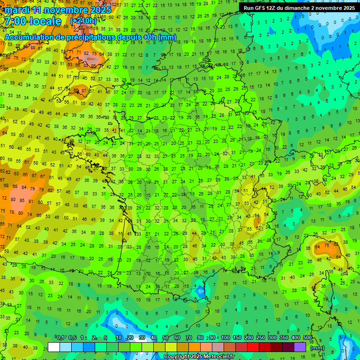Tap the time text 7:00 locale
[33, 21]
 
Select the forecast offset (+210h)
[83, 21]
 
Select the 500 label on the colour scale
[307, 338]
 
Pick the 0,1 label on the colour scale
[60, 338]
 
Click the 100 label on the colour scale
[225, 338]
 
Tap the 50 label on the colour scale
[165, 338]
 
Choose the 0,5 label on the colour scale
[72, 338]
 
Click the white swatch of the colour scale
[54, 347]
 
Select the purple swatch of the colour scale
[300, 347]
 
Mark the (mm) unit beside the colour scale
[317, 348]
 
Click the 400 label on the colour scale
[296, 338]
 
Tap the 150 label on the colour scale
[237, 338]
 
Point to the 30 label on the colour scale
[142, 338]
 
